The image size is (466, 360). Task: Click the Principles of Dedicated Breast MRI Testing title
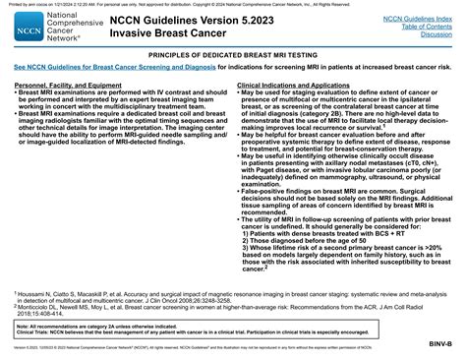pyautogui.click(x=232, y=55)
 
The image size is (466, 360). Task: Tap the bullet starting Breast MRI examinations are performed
pyautogui.click(x=118, y=101)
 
